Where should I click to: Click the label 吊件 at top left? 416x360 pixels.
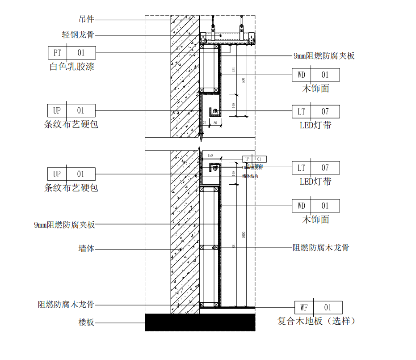point(86,20)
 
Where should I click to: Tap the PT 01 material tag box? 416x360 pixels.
point(71,52)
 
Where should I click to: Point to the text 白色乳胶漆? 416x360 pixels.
point(71,67)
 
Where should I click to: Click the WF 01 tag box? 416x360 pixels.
point(318,307)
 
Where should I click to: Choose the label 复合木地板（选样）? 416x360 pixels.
point(316,321)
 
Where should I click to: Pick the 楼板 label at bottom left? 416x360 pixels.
point(86,322)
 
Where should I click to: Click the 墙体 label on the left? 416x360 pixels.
point(86,249)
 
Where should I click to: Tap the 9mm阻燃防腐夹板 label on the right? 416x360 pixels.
point(324,56)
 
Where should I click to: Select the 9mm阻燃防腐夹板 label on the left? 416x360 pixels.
point(64,225)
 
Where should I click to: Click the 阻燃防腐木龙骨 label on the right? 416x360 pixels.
point(320,247)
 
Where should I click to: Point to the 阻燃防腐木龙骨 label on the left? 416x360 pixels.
point(66,305)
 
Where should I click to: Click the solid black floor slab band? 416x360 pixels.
point(200,322)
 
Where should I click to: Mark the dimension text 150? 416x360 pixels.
point(210,155)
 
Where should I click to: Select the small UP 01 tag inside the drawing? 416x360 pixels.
point(254,159)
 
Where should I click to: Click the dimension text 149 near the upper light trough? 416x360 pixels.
point(233,106)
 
